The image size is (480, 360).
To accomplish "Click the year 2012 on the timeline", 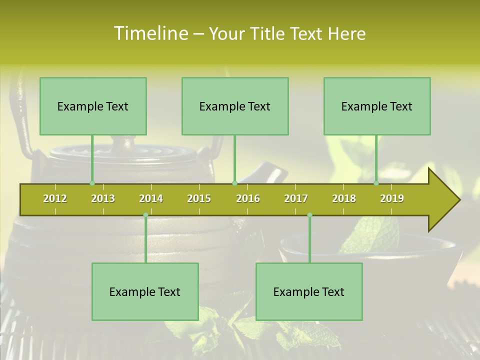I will tap(55, 198).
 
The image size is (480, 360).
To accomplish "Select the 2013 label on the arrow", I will tap(103, 198).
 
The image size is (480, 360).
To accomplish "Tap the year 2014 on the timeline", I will tap(151, 198).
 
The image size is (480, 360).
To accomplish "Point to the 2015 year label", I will tap(199, 198).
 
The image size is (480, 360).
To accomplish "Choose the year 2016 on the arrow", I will tap(248, 198).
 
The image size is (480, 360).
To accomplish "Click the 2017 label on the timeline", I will tap(296, 198).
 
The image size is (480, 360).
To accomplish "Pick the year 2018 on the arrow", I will tap(344, 198).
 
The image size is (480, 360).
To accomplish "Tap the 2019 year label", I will tap(392, 198).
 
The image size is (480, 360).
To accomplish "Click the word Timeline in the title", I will tap(150, 33).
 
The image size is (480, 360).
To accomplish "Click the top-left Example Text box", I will tap(93, 106).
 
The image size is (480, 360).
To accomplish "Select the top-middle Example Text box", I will tap(235, 106).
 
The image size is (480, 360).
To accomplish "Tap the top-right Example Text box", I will tap(377, 106).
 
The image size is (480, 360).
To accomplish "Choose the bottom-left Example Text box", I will tap(145, 291).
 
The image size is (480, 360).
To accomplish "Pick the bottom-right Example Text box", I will tap(309, 291).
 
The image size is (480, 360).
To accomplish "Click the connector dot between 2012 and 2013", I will tap(92, 183).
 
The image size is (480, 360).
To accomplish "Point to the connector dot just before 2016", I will tap(235, 183).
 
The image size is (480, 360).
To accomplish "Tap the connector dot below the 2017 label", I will tap(309, 215).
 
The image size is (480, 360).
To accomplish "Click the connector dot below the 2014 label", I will tap(145, 215).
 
